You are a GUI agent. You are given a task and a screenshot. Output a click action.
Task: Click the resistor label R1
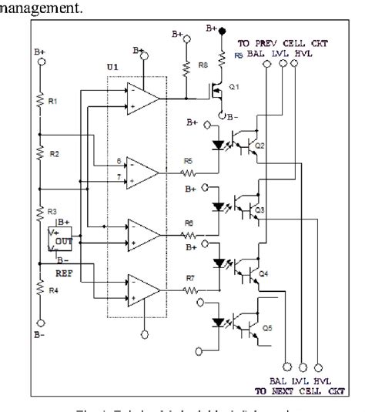53,102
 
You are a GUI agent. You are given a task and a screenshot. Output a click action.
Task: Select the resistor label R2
53,154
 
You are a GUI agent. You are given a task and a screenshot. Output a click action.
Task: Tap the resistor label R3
53,210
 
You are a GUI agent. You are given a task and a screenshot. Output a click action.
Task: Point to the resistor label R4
53,290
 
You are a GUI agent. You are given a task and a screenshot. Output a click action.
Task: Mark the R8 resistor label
203,66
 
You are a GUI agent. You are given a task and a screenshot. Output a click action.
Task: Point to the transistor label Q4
263,273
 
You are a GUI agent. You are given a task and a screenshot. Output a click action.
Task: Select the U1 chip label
112,68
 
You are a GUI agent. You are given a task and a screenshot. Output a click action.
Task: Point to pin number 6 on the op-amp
118,161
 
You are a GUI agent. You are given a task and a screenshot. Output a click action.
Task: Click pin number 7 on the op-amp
118,177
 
